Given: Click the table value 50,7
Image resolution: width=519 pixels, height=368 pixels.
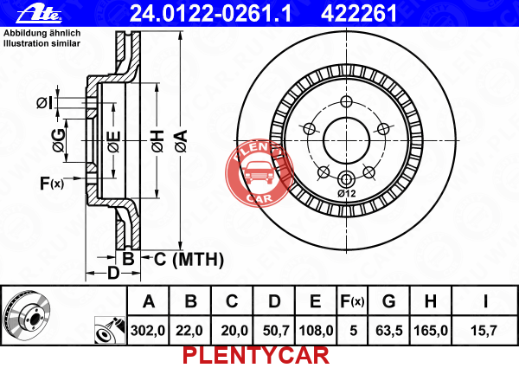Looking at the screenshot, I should click(x=274, y=330).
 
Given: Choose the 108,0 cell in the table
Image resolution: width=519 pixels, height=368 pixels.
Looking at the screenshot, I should click(x=316, y=330).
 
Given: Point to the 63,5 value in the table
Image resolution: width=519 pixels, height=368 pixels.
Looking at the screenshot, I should click(x=388, y=330).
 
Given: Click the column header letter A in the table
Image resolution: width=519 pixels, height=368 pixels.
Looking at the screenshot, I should click(x=149, y=302).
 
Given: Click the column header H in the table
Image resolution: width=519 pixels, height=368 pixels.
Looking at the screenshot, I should click(x=431, y=302).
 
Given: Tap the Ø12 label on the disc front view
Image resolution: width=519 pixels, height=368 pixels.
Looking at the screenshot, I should click(x=347, y=194).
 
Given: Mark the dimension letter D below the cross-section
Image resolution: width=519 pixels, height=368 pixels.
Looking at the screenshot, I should click(x=112, y=274).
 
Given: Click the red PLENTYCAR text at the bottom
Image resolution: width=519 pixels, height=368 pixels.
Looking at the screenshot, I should click(x=255, y=355).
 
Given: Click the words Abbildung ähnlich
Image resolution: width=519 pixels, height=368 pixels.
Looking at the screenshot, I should click(x=42, y=32).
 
